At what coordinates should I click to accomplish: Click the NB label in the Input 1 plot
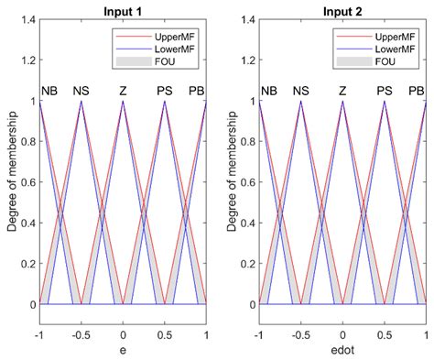tap(49, 92)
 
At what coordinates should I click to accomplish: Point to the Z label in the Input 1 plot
tap(123, 92)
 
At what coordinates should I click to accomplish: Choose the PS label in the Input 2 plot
tap(385, 92)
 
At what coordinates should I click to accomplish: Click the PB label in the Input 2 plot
tap(417, 92)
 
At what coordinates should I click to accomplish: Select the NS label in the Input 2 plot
tap(300, 92)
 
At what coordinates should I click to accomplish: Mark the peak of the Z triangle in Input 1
tap(123, 101)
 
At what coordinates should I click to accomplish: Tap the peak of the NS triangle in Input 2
tap(300, 101)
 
